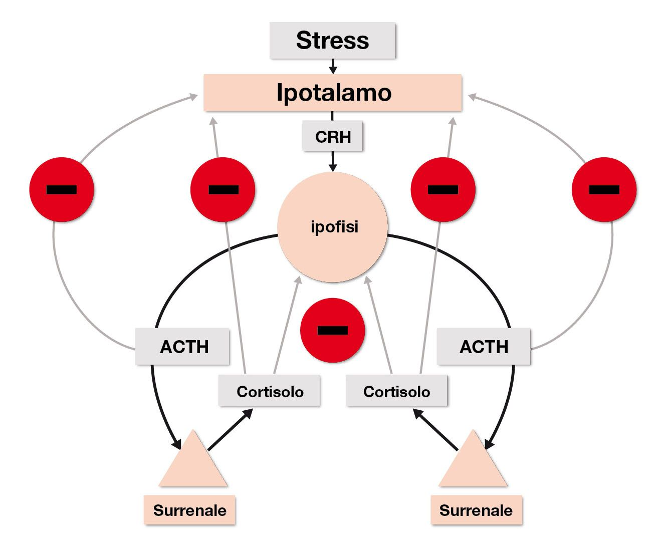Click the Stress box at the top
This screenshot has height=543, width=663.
click(332, 40)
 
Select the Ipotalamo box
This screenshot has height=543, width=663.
click(332, 93)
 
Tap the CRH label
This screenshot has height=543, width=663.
click(332, 136)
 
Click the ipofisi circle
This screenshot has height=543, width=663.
click(333, 227)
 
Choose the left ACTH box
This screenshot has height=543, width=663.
click(183, 347)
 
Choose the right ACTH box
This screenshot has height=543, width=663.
click(484, 347)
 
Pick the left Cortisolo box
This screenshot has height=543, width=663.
click(269, 391)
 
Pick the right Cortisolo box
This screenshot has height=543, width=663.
click(396, 391)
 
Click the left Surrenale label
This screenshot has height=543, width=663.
click(189, 510)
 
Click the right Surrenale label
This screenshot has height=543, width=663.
click(476, 510)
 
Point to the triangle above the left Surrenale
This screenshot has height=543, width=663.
click(193, 463)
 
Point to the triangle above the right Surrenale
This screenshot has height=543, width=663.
click(473, 463)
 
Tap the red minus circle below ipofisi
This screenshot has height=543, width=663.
click(332, 330)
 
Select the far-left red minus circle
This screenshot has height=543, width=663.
click(62, 189)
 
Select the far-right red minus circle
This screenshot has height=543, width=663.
click(604, 189)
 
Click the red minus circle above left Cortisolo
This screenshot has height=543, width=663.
click(223, 189)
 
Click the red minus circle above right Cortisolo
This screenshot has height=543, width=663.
click(443, 189)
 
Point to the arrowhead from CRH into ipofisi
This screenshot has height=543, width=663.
click(332, 167)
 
